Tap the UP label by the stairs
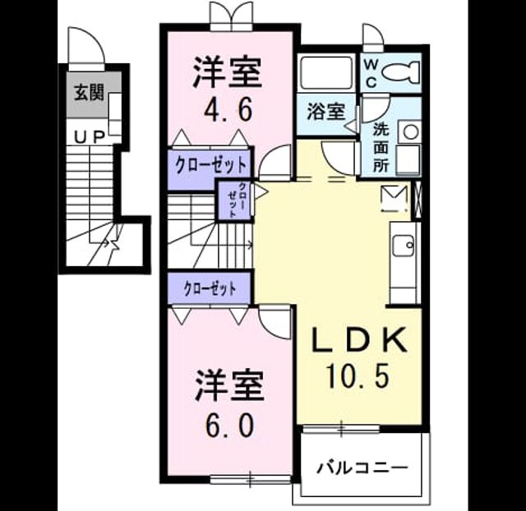[90, 137]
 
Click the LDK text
[360, 339]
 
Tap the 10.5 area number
[358, 375]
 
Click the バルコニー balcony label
[362, 467]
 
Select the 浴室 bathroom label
[326, 112]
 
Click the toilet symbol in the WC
[401, 72]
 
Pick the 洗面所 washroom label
[381, 148]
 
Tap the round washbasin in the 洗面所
[411, 132]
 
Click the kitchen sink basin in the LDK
[404, 245]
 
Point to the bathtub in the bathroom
[326, 73]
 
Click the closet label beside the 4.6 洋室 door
[211, 164]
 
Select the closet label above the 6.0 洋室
[210, 288]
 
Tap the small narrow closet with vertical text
[233, 200]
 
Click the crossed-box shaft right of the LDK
[418, 200]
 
